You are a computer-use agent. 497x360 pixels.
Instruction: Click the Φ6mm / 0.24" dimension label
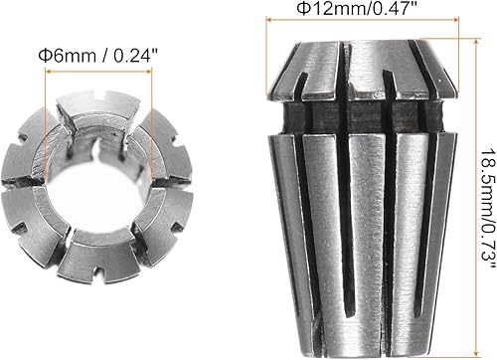(x=98, y=56)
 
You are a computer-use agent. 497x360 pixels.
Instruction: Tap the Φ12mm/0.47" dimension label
(x=356, y=8)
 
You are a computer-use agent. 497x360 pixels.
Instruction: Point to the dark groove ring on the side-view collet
(x=362, y=117)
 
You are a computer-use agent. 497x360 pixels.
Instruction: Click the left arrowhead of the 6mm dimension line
(x=49, y=72)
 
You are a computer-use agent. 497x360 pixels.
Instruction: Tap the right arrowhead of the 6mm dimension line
(x=148, y=71)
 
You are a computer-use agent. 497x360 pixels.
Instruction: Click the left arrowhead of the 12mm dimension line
(x=269, y=20)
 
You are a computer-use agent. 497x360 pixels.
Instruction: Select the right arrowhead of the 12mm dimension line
(x=455, y=20)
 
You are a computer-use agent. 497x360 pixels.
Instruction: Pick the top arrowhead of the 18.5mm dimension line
(x=476, y=42)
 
